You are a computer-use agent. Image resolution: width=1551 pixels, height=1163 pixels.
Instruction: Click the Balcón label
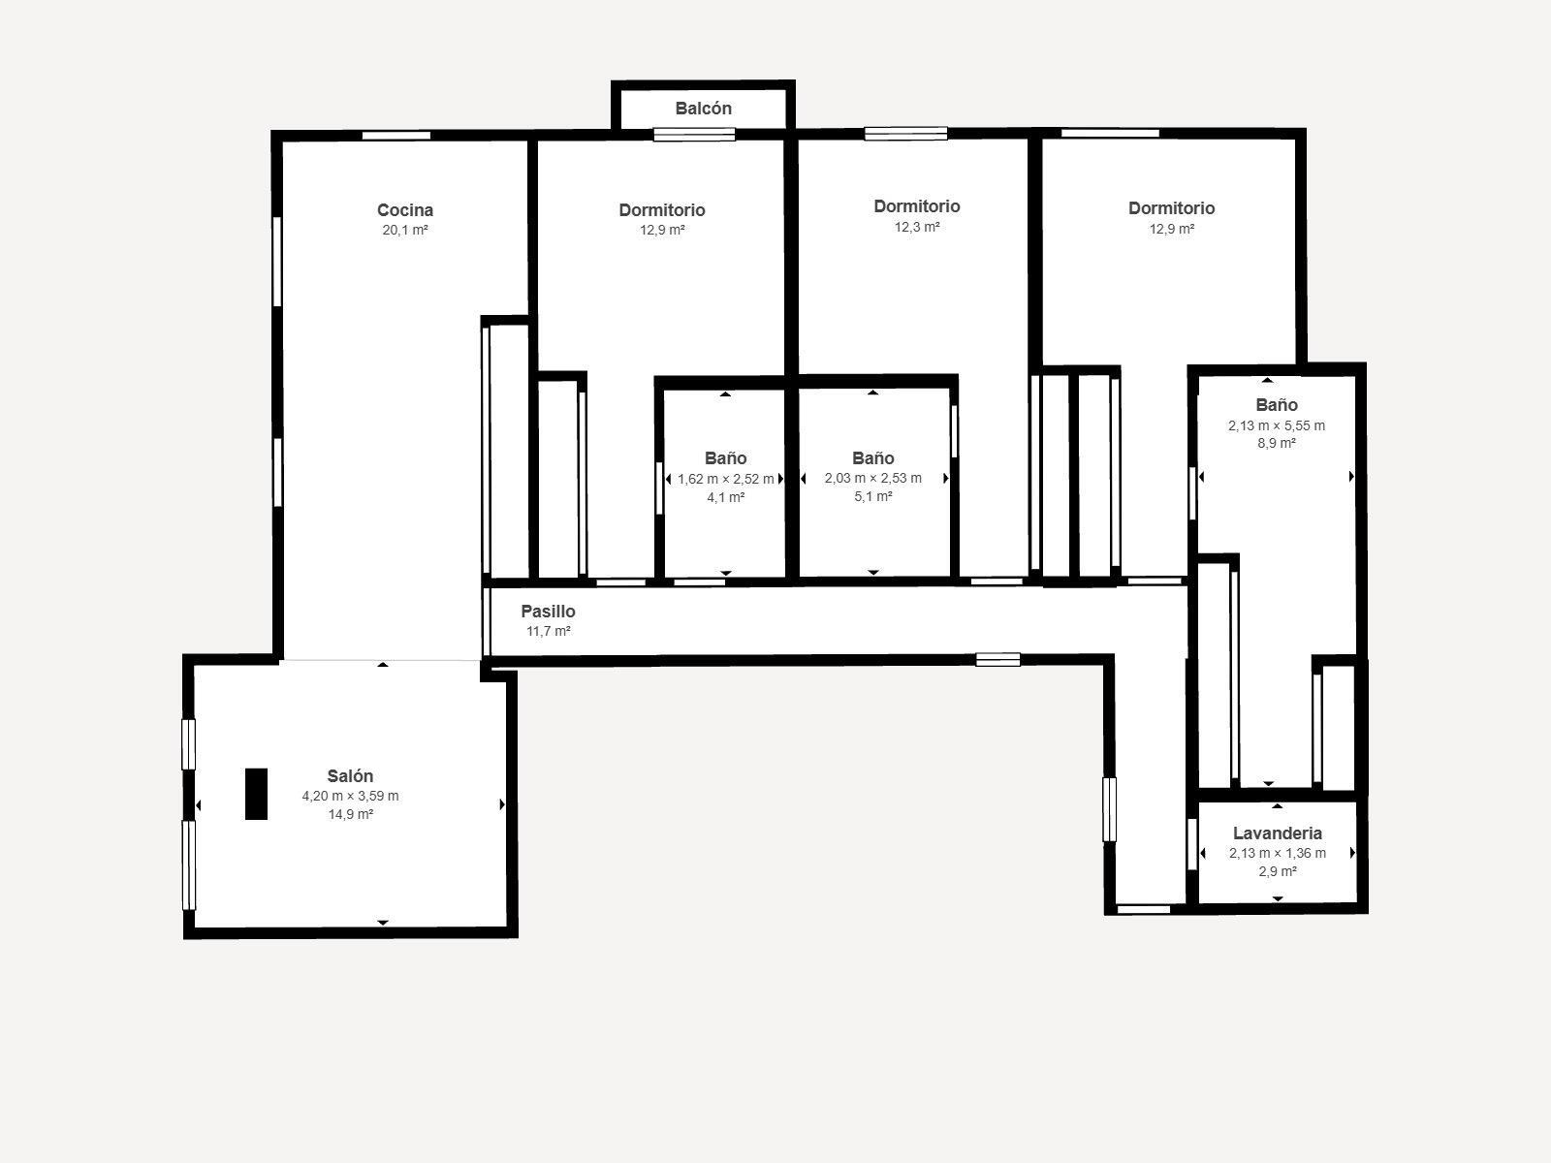[x=703, y=109]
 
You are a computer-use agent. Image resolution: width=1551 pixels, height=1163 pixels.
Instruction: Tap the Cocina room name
[x=405, y=210]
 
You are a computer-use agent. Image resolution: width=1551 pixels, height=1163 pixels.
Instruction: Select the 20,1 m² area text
[x=405, y=231]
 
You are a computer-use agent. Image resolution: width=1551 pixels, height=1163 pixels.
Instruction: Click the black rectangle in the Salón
[x=256, y=794]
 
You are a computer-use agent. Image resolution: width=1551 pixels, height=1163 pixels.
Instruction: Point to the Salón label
[x=350, y=776]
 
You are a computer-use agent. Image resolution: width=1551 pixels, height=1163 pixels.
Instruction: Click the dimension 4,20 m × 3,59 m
[x=350, y=797]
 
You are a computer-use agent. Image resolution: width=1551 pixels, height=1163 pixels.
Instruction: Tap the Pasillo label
[x=548, y=612]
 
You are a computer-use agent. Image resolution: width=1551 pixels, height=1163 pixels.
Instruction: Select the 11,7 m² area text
[x=548, y=632]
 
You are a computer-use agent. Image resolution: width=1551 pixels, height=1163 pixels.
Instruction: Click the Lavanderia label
[x=1277, y=833]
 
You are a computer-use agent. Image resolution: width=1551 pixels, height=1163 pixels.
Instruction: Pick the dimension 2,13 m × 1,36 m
[x=1277, y=854]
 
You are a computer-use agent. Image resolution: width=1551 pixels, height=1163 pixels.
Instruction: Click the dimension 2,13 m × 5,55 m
[x=1276, y=425]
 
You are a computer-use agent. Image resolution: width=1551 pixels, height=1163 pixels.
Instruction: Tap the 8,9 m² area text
[x=1276, y=444]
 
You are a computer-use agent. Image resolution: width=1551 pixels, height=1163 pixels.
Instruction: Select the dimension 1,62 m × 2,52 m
[x=725, y=479]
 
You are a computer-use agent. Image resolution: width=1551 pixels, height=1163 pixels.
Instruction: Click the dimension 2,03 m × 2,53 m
[x=872, y=478]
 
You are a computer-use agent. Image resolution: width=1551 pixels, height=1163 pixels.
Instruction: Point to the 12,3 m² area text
[x=916, y=227]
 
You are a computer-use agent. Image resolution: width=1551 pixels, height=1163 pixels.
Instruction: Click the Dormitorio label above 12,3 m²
[x=916, y=206]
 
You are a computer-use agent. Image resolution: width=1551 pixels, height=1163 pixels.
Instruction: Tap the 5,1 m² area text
[x=872, y=496]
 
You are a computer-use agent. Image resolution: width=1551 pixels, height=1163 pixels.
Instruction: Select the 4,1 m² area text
[x=725, y=497]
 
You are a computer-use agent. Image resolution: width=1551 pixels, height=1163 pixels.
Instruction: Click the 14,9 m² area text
[x=350, y=815]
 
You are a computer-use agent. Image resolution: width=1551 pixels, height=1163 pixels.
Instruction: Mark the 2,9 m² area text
[x=1277, y=872]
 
